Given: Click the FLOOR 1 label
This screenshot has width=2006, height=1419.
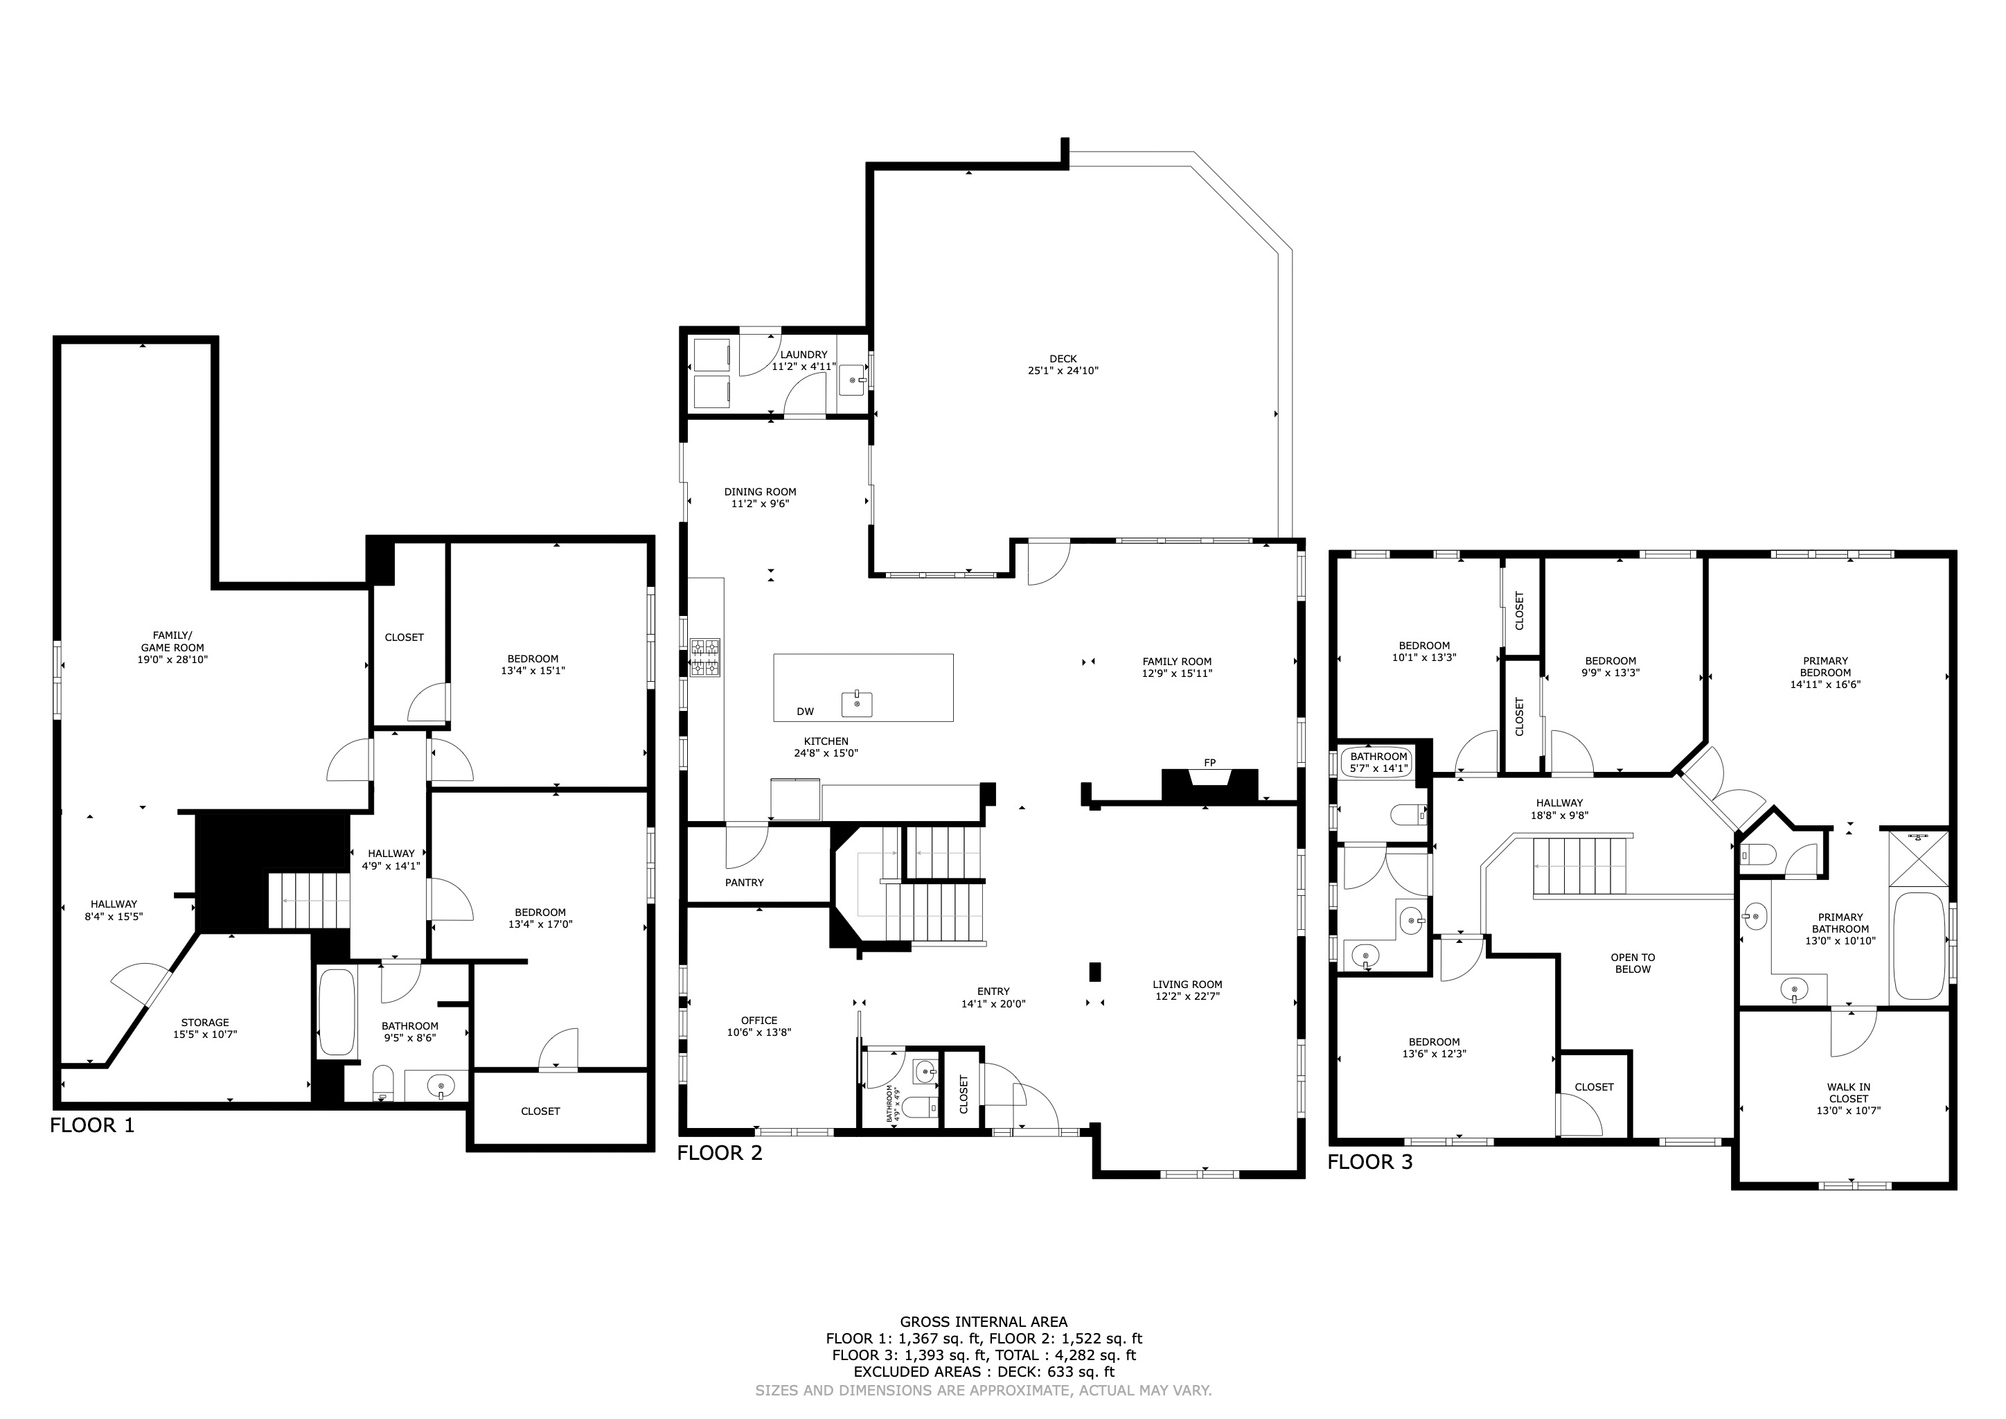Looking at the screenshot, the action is (x=93, y=1125).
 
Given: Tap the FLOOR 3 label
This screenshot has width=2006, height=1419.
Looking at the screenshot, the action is (x=1370, y=1162).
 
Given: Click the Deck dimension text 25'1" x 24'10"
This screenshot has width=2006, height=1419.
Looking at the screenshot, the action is (x=1063, y=371).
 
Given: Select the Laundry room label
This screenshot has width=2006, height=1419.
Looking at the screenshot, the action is (x=804, y=355).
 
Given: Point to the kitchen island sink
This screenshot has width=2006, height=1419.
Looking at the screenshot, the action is (x=857, y=703).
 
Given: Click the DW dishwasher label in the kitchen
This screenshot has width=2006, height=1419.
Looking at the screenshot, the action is (x=806, y=712).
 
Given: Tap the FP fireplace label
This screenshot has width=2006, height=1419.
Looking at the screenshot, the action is (x=1210, y=763).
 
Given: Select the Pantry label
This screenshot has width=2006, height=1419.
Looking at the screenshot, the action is (x=745, y=883).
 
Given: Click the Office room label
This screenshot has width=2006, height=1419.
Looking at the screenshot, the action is (x=759, y=1021).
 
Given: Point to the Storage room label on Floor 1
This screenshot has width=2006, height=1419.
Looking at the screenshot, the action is (x=205, y=1022).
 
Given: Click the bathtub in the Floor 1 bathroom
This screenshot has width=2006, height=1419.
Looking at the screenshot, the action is (x=337, y=1012).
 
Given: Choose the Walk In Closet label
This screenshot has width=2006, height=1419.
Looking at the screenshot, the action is (x=1849, y=1093).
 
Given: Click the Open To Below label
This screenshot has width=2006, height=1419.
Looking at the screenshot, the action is (x=1633, y=963).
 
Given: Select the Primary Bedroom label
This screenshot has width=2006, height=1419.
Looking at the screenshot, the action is (x=1825, y=667).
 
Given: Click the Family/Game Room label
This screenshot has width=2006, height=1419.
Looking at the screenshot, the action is (x=173, y=642).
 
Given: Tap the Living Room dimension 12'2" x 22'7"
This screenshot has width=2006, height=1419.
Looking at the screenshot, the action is (x=1187, y=996).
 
